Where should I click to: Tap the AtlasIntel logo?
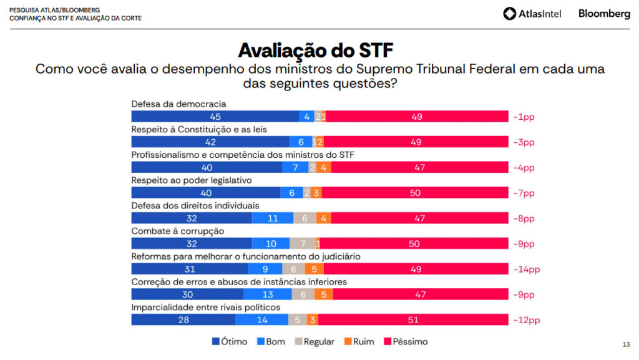[534, 13]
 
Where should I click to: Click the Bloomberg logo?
[603, 13]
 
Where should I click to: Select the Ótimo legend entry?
[230, 342]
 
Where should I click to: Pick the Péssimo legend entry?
[405, 342]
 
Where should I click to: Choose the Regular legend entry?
[315, 342]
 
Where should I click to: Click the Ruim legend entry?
[359, 342]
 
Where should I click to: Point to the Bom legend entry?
[270, 342]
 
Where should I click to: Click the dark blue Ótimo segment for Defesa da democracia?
[215, 117]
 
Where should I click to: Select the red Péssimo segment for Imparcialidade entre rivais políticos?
[414, 320]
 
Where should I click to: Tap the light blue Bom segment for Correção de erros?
[268, 294]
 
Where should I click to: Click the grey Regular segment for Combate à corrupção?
[302, 244]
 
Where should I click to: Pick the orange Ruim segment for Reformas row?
[314, 270]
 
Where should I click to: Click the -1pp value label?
[524, 117]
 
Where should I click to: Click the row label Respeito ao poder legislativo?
[191, 180]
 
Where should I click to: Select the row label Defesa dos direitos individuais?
[195, 205]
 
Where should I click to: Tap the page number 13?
[626, 344]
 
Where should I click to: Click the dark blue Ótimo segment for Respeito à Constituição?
[210, 142]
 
